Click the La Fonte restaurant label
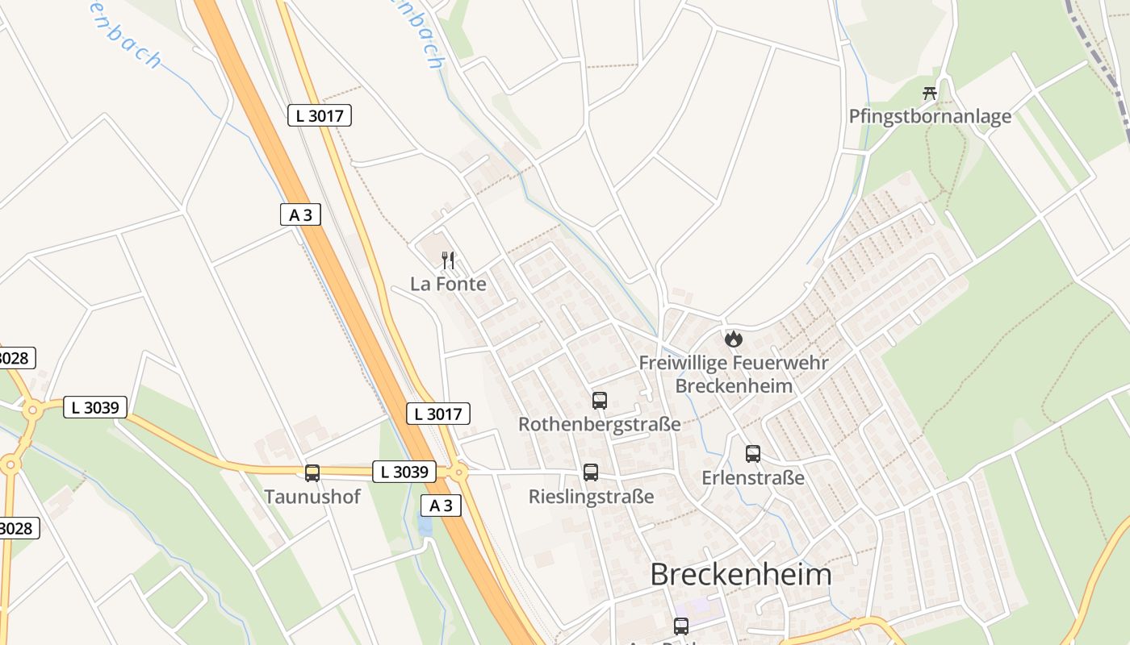[448, 284]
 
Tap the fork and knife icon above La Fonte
[449, 260]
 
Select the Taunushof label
[312, 496]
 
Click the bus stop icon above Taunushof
[312, 473]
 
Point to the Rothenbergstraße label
[599, 424]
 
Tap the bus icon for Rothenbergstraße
[599, 401]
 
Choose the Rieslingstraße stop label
[591, 497]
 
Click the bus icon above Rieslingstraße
[591, 472]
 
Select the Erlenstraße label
[753, 477]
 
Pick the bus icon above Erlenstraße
[753, 454]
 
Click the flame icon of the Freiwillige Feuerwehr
[733, 339]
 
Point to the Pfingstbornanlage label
[930, 116]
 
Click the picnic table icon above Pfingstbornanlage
[930, 93]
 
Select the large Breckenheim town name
[740, 575]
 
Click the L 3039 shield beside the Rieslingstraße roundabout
[404, 472]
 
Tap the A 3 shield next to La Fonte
[300, 214]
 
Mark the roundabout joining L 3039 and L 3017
[458, 472]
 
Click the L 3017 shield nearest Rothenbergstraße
[437, 414]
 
